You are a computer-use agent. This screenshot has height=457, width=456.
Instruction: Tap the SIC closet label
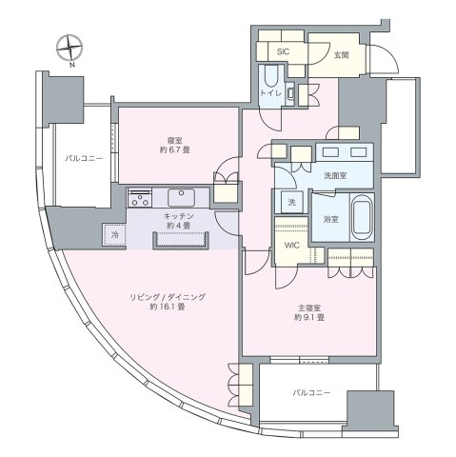(283, 52)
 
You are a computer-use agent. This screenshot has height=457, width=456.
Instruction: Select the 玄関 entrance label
(341, 55)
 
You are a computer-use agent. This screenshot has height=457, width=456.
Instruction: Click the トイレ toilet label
(268, 93)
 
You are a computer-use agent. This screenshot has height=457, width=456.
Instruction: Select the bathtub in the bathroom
(360, 219)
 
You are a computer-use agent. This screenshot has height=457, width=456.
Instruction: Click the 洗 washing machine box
(291, 203)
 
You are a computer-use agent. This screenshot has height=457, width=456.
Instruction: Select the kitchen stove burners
(140, 198)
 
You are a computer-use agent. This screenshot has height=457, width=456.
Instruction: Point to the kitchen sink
(182, 197)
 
